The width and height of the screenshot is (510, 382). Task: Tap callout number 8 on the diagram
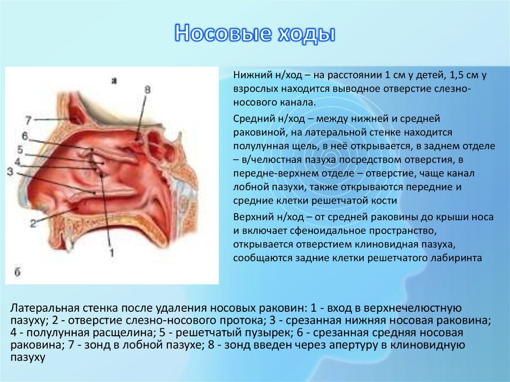click(x=147, y=90)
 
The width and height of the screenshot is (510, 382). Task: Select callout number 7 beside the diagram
click(x=28, y=120)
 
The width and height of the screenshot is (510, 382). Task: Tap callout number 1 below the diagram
click(x=112, y=253)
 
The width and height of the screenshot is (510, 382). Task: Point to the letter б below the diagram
click(x=16, y=271)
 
